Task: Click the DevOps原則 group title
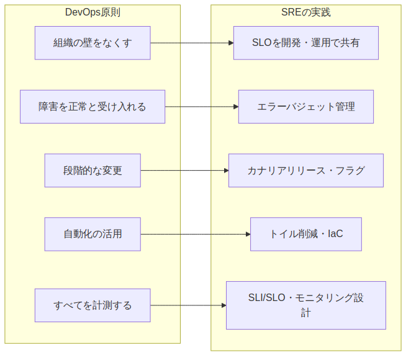point(93,13)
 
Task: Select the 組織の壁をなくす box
point(93,43)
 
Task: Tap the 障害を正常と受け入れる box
point(93,107)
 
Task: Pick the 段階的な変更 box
point(93,170)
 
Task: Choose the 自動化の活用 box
point(93,234)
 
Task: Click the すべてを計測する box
point(93,305)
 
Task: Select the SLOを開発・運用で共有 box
point(305,43)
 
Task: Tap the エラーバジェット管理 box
point(305,107)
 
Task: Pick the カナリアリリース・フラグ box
point(305,170)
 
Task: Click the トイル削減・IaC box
point(305,234)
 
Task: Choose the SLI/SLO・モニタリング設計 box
point(305,305)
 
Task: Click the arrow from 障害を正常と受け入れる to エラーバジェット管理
point(202,107)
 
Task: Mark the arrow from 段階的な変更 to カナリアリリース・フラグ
point(184,170)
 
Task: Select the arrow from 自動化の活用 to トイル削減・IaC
point(195,234)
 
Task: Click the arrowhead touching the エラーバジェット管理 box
point(235,107)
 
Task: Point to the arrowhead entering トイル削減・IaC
point(247,234)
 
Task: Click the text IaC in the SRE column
point(335,234)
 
